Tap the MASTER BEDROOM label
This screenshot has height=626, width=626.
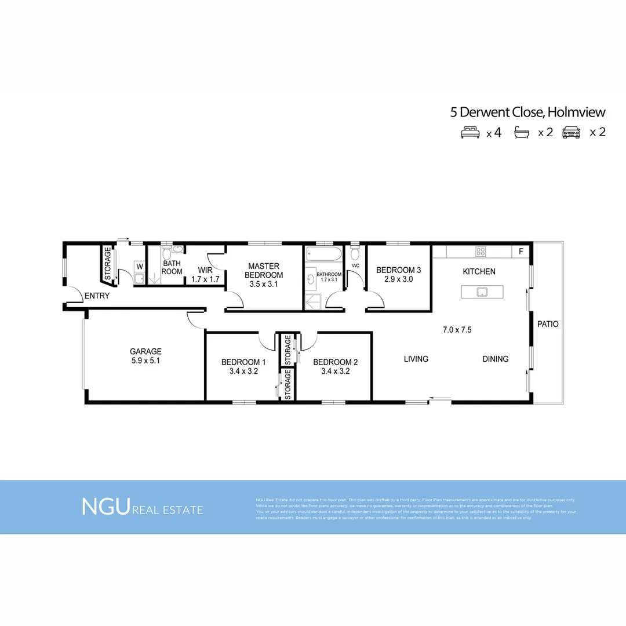264,271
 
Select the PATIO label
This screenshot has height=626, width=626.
548,324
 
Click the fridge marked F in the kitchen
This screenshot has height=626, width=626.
521,252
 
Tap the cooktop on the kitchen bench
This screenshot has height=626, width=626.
481,252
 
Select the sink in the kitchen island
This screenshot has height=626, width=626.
481,292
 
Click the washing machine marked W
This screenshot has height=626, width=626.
139,267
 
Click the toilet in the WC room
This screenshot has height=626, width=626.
355,254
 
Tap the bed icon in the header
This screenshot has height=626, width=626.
469,132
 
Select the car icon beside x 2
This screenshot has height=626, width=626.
572,132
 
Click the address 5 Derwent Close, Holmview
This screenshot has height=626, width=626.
528,112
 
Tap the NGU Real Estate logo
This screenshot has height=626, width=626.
143,507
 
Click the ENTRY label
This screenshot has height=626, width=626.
97,296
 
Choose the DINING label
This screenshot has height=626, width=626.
495,359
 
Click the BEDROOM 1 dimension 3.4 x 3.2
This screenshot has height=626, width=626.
243,372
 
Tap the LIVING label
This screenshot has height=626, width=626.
416,359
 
